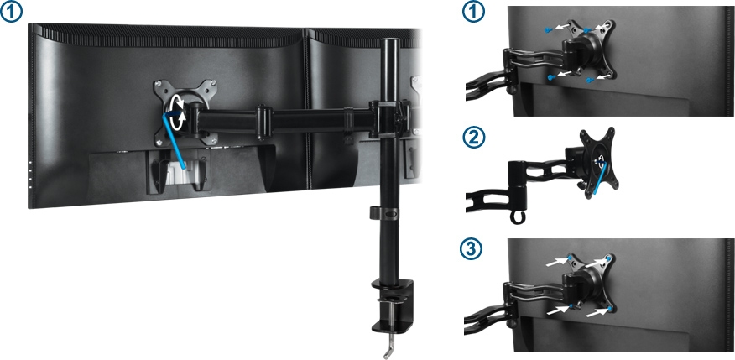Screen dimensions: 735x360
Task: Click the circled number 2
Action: (x=473, y=138)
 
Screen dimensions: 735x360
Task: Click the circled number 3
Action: (x=473, y=250)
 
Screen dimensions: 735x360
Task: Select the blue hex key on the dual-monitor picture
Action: (x=175, y=139)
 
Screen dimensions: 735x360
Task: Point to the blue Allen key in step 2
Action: (x=600, y=177)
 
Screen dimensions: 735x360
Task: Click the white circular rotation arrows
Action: (x=178, y=112)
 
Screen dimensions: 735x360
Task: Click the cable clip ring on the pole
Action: (x=383, y=211)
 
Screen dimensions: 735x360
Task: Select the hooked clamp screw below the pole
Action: (x=388, y=343)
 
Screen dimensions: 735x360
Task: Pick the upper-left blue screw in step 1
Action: (x=549, y=29)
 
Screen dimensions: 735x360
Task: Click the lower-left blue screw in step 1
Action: (x=551, y=76)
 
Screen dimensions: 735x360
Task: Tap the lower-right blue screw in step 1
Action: (x=590, y=80)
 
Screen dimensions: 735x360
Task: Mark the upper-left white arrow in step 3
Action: (x=556, y=262)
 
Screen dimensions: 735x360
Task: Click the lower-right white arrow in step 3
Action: (x=597, y=311)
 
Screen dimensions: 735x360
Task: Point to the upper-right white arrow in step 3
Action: (x=596, y=262)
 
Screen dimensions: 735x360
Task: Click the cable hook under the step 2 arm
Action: (x=516, y=217)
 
